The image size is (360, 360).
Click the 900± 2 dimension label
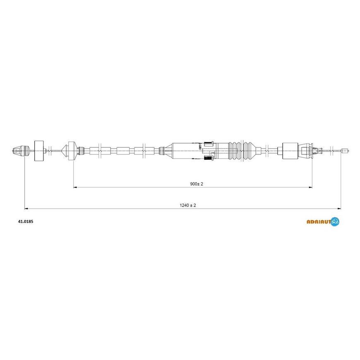click(197, 184)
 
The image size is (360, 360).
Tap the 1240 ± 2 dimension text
click(188, 205)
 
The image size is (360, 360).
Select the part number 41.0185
click(26, 221)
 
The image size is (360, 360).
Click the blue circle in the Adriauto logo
click(335, 221)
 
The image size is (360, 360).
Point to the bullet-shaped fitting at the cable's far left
click(21, 151)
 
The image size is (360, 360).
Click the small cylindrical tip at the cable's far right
click(345, 151)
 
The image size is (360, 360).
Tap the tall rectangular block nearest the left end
click(39, 151)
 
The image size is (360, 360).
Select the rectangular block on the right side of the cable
click(290, 151)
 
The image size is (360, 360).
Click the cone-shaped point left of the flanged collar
click(65, 151)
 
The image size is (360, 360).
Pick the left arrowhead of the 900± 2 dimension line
click(75, 187)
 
